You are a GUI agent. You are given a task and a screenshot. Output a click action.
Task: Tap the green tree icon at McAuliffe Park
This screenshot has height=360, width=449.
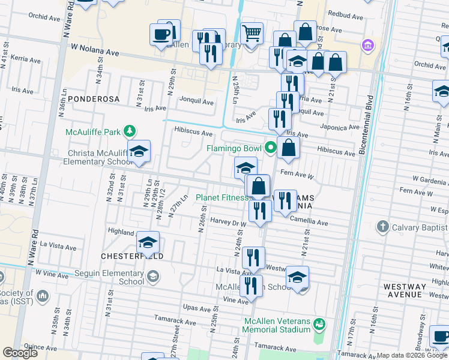128,131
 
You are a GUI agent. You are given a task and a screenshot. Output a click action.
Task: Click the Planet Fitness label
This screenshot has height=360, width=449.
222,197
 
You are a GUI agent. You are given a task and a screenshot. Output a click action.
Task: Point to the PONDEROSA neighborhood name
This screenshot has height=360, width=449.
94,98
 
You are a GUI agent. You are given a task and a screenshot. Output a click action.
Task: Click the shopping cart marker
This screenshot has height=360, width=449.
252,32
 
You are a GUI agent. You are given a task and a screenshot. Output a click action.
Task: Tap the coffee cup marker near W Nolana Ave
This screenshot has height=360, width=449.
161,35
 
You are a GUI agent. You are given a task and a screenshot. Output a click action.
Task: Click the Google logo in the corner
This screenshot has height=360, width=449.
20,353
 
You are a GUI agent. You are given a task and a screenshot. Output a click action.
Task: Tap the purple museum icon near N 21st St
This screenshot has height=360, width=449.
367,45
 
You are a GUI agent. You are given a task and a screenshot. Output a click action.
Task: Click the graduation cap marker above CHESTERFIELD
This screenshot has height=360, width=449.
148,242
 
